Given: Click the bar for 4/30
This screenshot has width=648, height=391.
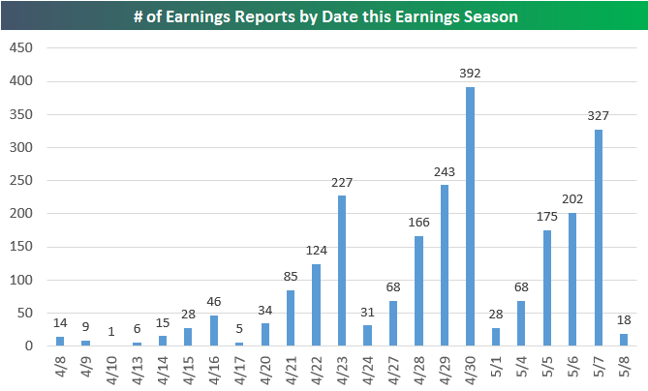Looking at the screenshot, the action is click(470, 217).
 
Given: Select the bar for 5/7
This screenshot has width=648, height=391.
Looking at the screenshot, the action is click(598, 238).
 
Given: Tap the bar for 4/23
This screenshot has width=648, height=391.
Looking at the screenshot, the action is click(342, 270).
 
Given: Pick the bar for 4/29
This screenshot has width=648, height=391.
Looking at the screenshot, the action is click(445, 265).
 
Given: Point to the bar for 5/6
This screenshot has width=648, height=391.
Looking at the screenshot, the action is click(572, 279).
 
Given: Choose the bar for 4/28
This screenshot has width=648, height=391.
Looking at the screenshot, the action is click(418, 290).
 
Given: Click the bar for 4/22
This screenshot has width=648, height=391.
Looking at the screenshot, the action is click(316, 305).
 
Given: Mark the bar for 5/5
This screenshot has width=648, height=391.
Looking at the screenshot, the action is click(546, 287).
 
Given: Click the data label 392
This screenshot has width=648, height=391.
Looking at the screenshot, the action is click(470, 74).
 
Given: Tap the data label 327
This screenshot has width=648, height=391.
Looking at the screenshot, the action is click(598, 116).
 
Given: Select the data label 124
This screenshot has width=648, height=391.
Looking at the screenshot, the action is click(316, 251).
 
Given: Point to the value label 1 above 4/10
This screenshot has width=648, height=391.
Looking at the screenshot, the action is click(111, 332).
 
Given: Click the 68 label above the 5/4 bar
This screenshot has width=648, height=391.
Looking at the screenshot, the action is click(521, 287).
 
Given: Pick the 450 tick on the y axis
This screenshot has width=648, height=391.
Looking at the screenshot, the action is click(21, 47).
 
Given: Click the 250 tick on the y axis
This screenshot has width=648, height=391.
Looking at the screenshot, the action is click(21, 180).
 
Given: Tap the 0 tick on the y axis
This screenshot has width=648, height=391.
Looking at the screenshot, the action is click(28, 346).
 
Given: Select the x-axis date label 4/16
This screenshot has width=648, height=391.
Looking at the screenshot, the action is click(214, 370).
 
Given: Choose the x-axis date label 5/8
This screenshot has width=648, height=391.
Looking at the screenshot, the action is click(624, 366).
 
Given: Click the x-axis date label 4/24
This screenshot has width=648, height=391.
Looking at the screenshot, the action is click(367, 370).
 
